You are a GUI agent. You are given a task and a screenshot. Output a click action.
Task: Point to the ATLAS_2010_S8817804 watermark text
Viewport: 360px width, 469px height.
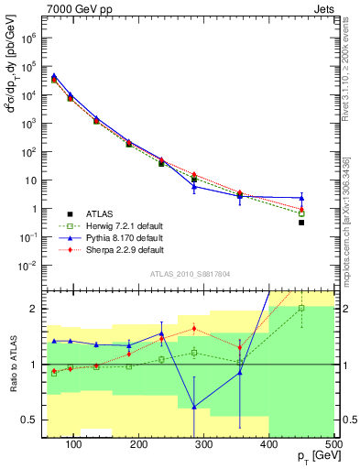(190, 273)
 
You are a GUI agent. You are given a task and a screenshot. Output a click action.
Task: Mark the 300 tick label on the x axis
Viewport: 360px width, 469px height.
(204, 443)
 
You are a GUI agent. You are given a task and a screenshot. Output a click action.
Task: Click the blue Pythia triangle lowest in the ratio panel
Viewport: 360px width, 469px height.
(194, 407)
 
